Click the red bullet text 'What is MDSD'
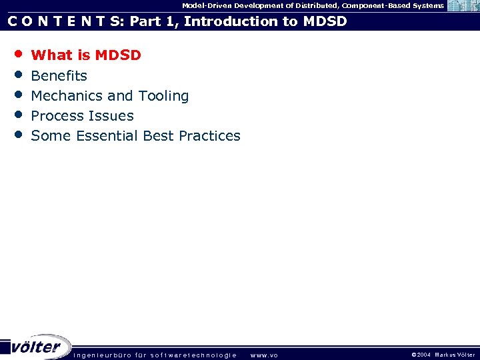click(x=86, y=55)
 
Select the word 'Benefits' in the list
click(x=59, y=76)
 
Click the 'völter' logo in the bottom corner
click(x=37, y=347)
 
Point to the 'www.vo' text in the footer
click(x=264, y=355)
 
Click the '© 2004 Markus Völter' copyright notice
click(x=443, y=355)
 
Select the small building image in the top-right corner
click(x=463, y=6)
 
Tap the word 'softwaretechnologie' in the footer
click(x=193, y=355)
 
